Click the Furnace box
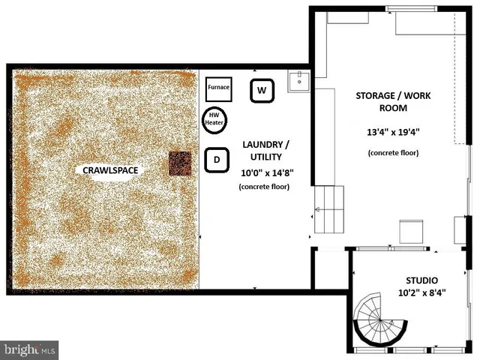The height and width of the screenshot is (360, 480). [x=218, y=88]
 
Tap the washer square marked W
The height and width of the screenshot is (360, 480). [x=262, y=91]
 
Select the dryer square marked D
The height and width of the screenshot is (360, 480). [x=217, y=160]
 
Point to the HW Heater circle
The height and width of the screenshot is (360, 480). [x=214, y=118]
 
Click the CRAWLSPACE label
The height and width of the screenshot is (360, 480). [x=110, y=170]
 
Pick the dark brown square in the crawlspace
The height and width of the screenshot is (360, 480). [x=180, y=163]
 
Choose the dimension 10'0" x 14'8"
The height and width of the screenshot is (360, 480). [x=266, y=172]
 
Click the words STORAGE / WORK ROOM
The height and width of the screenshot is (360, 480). [x=387, y=102]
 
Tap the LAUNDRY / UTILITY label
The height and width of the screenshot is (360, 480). [x=267, y=150]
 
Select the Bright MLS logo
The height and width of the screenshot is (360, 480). [x=30, y=349]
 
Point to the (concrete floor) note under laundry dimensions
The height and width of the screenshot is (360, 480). [x=266, y=187]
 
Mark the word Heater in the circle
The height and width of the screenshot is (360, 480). [x=214, y=123]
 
